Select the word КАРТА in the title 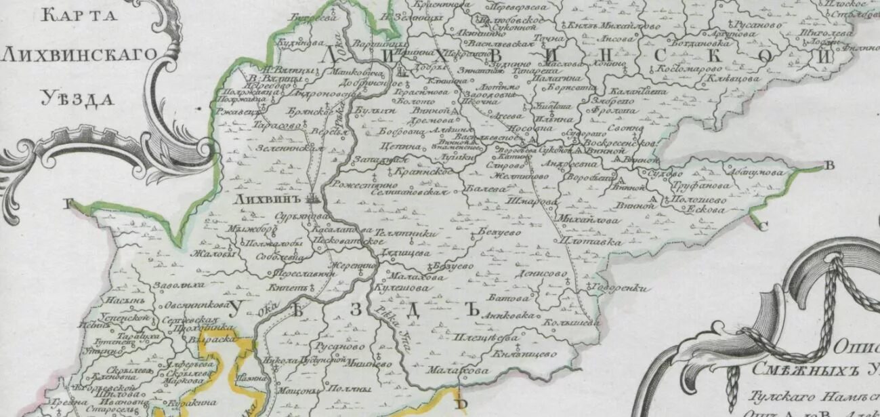coord(70,16)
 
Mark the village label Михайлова coord(579,220)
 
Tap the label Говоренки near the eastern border coord(620,288)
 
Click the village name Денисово coord(540,275)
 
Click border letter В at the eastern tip coord(829,165)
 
